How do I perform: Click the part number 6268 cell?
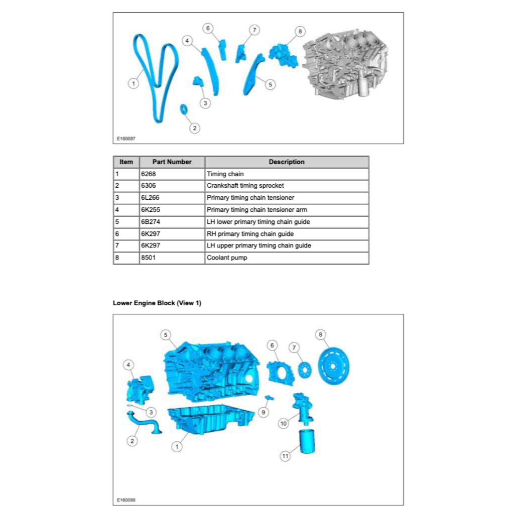pyautogui.click(x=172, y=174)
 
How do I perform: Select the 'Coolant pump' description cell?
pyautogui.click(x=287, y=258)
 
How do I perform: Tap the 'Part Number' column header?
pyautogui.click(x=172, y=162)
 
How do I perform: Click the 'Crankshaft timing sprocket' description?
pyautogui.click(x=287, y=186)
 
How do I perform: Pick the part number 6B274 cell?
pyautogui.click(x=172, y=222)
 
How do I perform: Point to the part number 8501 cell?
pyautogui.click(x=172, y=258)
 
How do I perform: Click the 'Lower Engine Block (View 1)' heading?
pyautogui.click(x=157, y=303)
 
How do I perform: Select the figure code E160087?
pyautogui.click(x=126, y=139)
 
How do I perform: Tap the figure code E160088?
pyautogui.click(x=126, y=500)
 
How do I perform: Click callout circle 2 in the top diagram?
pyautogui.click(x=195, y=128)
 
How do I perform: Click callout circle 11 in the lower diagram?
pyautogui.click(x=285, y=456)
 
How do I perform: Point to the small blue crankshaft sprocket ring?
pyautogui.click(x=184, y=108)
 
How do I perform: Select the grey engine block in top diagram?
pyautogui.click(x=346, y=63)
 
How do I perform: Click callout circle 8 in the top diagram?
pyautogui.click(x=300, y=31)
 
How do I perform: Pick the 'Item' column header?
pyautogui.click(x=126, y=162)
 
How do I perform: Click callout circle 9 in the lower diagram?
pyautogui.click(x=263, y=412)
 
